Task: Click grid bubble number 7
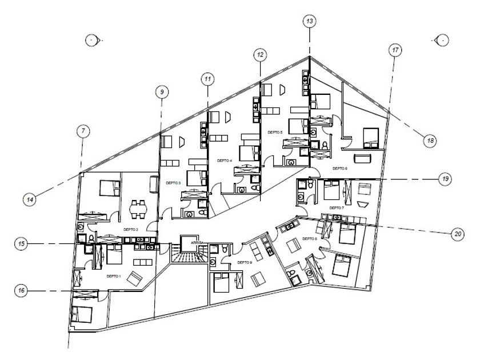point(83,131)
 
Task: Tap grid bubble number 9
point(162,91)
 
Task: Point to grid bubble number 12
point(260,55)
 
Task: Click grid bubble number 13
point(309,22)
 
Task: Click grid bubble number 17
point(395,50)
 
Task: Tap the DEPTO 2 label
point(130,229)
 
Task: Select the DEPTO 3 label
point(173,183)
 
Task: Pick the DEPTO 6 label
point(340,169)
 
